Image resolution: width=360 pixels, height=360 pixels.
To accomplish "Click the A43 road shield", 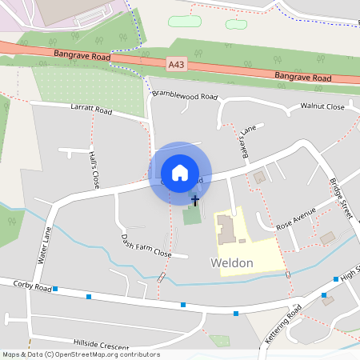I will tap(178, 64).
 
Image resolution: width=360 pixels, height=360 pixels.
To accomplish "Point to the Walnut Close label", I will tap(322, 106).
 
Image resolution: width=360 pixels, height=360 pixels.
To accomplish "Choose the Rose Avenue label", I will tap(296, 220).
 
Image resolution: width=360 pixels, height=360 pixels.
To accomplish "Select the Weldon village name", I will tap(232, 262).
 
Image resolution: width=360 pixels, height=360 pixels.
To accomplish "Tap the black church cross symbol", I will tap(194, 199).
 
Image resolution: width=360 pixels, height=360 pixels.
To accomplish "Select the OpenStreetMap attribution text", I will tap(81, 354).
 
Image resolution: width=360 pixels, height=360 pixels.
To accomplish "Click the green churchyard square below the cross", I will tap(192, 216).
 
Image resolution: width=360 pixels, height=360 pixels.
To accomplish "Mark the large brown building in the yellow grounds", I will tap(226, 228).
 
